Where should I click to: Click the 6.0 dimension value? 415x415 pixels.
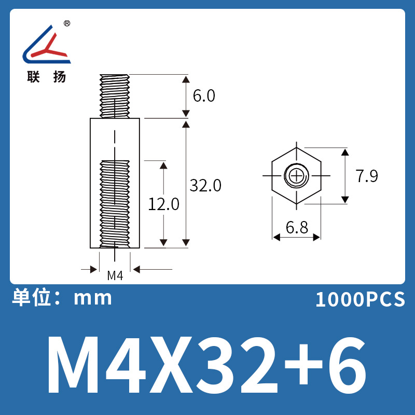click(x=204, y=96)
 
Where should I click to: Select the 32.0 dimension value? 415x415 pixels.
click(x=205, y=185)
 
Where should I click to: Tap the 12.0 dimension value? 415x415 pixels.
click(x=164, y=204)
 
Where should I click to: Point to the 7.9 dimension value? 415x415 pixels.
click(x=367, y=176)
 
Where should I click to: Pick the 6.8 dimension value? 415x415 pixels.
click(x=297, y=227)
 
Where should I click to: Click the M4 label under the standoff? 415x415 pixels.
click(x=115, y=276)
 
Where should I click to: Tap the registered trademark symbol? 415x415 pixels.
click(x=67, y=24)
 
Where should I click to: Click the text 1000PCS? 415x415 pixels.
click(x=360, y=300)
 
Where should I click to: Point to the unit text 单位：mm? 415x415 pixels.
click(x=62, y=298)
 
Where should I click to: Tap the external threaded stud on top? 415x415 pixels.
click(x=115, y=95)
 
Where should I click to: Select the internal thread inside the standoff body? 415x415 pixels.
click(x=115, y=202)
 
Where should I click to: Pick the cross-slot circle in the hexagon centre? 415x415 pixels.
click(x=296, y=176)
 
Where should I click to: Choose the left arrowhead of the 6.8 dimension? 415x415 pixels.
click(x=276, y=237)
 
